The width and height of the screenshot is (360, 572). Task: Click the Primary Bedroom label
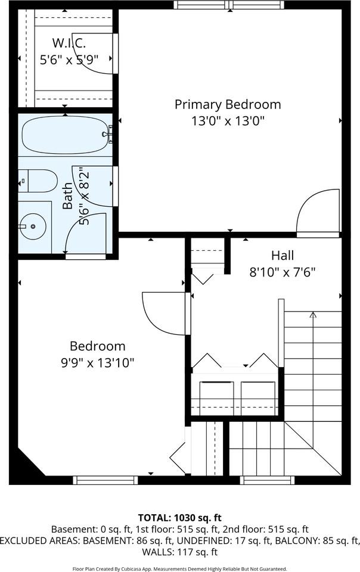(227, 104)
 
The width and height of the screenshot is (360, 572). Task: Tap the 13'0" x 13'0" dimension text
(227, 120)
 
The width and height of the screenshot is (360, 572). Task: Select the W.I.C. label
(69, 43)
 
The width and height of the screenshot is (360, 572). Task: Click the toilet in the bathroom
(39, 180)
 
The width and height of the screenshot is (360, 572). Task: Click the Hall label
(282, 256)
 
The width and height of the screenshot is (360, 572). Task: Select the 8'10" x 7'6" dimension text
(282, 272)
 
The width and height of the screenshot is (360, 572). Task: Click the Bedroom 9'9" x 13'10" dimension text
(98, 362)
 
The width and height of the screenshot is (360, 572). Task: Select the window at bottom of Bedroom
(105, 480)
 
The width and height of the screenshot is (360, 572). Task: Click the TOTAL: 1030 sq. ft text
(179, 517)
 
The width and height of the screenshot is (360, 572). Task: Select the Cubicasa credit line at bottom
(179, 568)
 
